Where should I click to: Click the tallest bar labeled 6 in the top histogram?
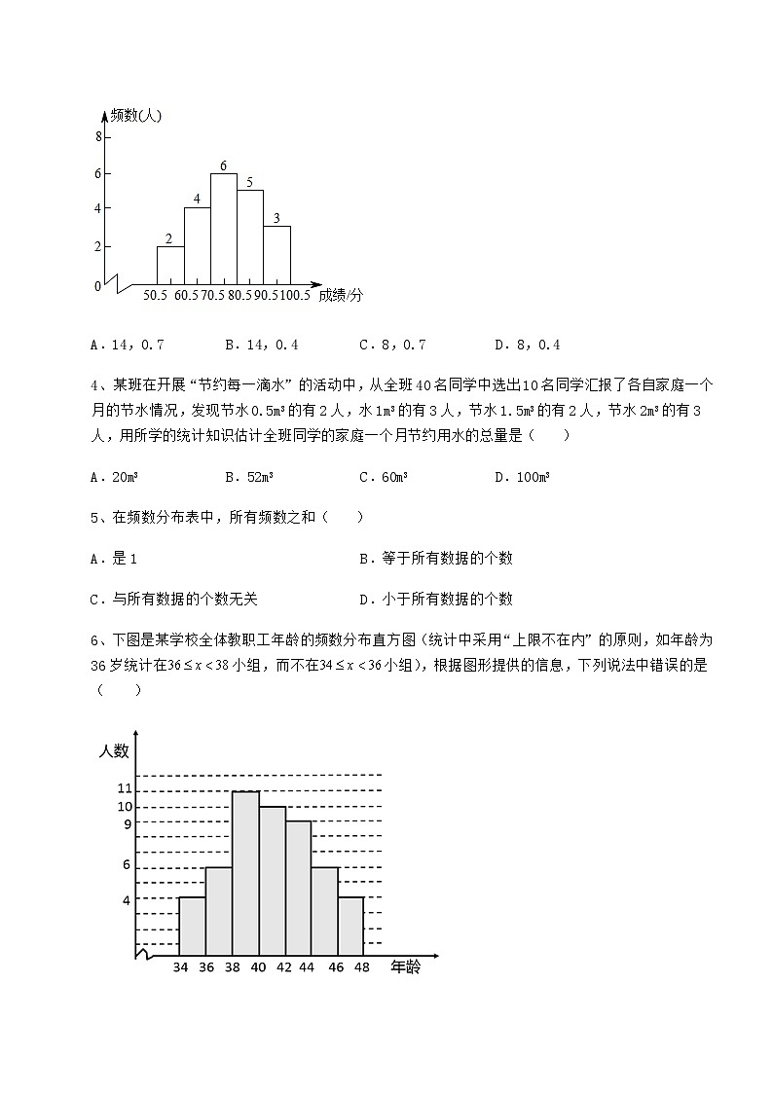click(x=224, y=229)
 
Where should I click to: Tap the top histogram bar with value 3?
click(x=277, y=255)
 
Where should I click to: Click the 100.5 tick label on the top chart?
click(x=294, y=295)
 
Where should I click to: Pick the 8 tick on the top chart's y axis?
click(x=97, y=137)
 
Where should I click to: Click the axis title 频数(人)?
click(x=135, y=116)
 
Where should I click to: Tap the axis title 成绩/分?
click(x=340, y=295)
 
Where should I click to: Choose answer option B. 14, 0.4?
click(x=261, y=345)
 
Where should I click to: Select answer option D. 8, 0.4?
click(x=528, y=345)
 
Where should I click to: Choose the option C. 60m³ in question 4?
click(x=384, y=477)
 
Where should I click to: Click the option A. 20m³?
click(x=113, y=477)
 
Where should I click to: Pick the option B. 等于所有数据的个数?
click(x=435, y=559)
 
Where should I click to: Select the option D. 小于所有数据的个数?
click(x=435, y=600)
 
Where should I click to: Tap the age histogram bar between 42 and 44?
click(x=298, y=888)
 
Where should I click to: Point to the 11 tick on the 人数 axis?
click(x=125, y=788)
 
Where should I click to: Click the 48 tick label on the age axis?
click(x=363, y=968)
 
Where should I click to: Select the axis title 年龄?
click(x=406, y=968)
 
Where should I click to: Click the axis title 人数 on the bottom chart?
click(x=113, y=750)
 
